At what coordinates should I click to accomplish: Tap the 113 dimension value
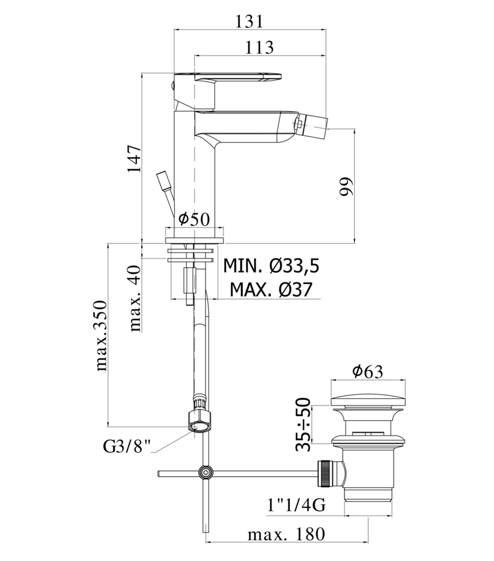click(259, 47)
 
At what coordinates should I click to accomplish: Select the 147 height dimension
click(134, 158)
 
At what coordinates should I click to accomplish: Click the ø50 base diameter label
click(194, 219)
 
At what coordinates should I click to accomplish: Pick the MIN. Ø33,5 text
click(271, 266)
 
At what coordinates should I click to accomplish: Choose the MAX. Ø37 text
click(271, 289)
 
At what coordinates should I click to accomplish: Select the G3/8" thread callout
click(127, 447)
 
